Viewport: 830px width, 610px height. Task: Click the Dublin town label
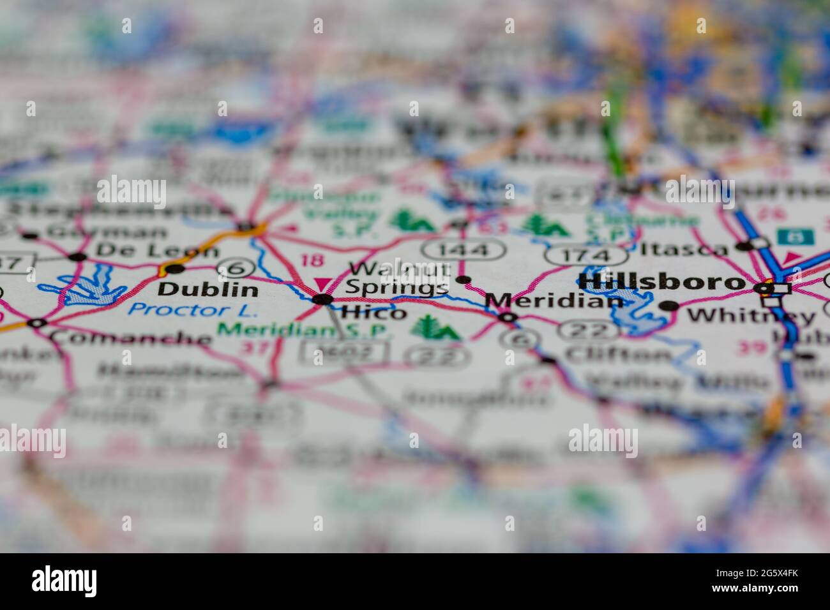[208, 290]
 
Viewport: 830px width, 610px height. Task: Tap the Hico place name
[374, 313]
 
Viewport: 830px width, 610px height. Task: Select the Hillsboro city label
[661, 282]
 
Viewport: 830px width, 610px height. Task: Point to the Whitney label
[751, 315]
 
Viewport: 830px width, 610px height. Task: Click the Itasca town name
[683, 248]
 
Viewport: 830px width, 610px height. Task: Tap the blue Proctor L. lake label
[192, 311]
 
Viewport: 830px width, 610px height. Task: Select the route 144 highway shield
[464, 249]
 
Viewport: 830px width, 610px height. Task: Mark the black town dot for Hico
[322, 299]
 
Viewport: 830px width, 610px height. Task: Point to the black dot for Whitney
[668, 306]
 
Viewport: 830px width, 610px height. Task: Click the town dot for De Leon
[77, 257]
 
